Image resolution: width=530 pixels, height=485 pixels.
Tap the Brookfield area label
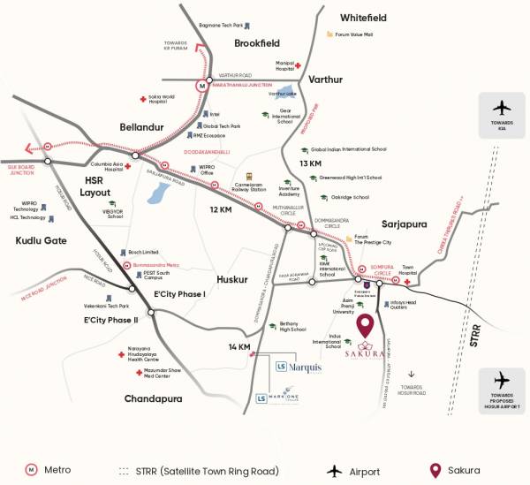pos(257,42)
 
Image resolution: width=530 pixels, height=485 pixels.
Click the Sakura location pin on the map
pos(366,326)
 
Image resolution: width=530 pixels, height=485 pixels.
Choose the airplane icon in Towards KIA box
pos(503,108)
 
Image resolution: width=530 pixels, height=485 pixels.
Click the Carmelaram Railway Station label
pos(247,186)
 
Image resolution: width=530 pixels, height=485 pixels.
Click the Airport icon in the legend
pos(335,470)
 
